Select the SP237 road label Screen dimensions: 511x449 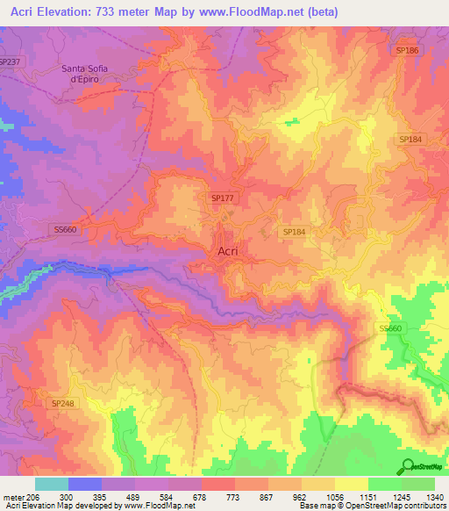tap(10, 61)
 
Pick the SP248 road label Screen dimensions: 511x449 tap(63, 403)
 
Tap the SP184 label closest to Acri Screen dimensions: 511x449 tap(294, 231)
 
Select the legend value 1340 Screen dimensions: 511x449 tap(433, 497)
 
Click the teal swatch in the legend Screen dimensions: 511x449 tap(52, 484)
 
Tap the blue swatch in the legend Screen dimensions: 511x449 tap(85, 484)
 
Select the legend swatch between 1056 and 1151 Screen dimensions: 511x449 tap(351, 484)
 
